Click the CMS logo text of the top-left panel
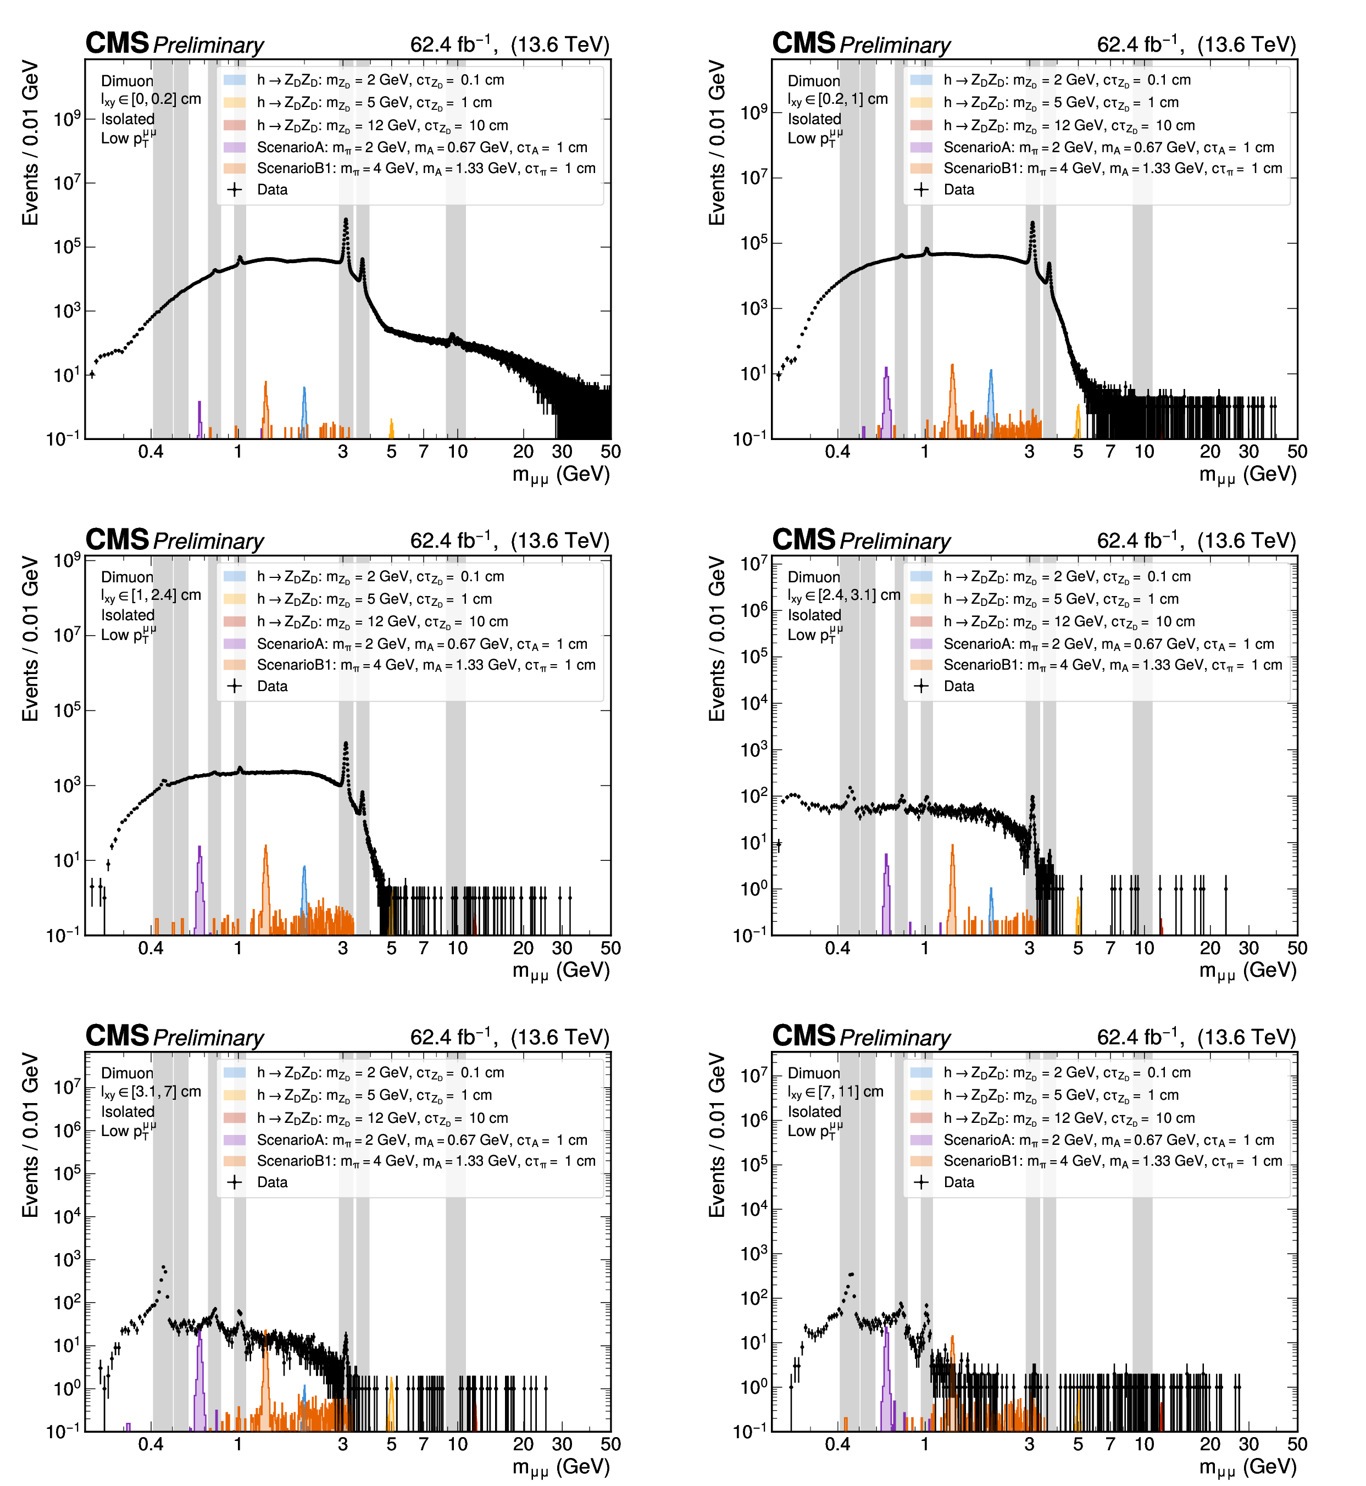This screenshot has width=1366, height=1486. coord(117,43)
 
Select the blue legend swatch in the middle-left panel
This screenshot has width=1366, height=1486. coord(234,576)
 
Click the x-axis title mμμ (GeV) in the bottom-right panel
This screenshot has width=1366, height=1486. coord(1248,1466)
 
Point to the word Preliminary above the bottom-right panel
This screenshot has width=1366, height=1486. coord(895,1038)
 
